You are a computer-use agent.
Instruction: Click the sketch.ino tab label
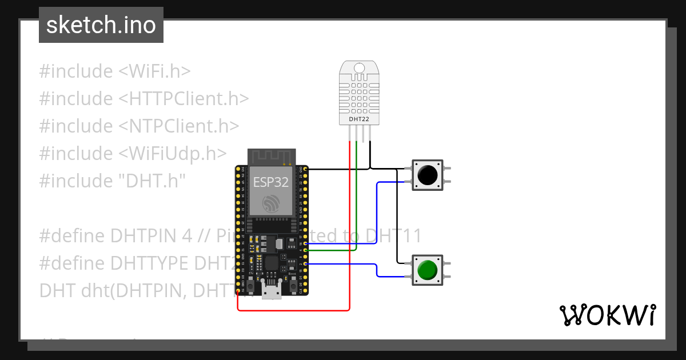click(101, 25)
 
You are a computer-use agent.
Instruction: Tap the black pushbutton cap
click(427, 175)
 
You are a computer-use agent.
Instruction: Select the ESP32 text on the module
click(272, 182)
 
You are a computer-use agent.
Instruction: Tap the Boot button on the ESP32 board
click(292, 281)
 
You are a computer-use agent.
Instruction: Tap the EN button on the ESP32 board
click(250, 281)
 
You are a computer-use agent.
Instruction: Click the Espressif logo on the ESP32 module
click(272, 204)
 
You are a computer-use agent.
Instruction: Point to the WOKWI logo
click(607, 315)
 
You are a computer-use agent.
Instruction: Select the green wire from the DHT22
click(356, 200)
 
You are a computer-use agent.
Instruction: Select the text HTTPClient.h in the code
click(189, 99)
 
